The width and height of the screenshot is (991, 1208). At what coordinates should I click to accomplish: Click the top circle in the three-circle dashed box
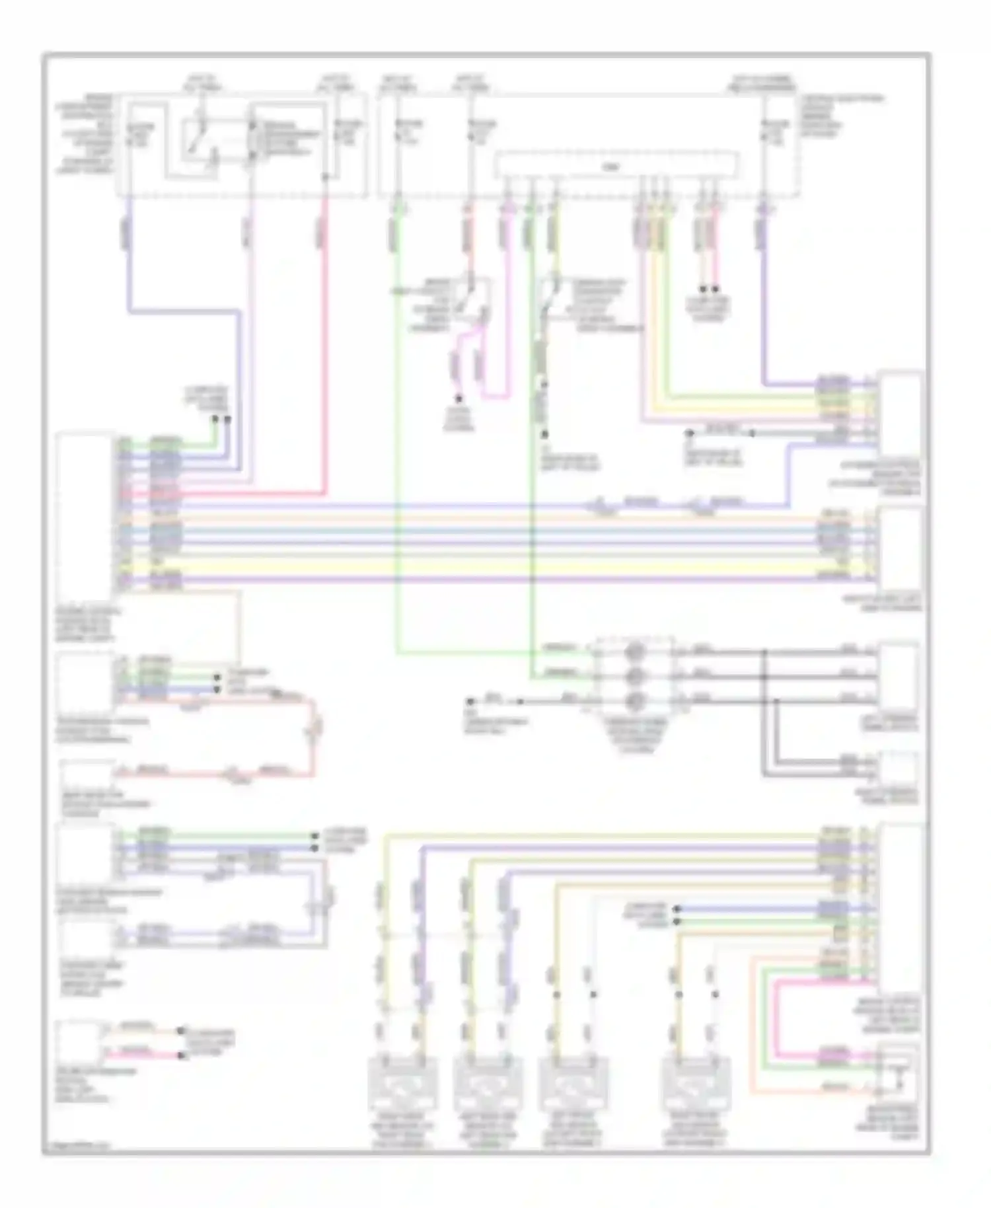635,652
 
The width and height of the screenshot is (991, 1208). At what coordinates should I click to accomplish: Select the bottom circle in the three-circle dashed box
635,700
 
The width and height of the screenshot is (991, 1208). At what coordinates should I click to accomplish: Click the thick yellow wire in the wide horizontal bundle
462,567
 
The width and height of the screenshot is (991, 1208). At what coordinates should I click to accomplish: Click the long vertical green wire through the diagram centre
397,463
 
